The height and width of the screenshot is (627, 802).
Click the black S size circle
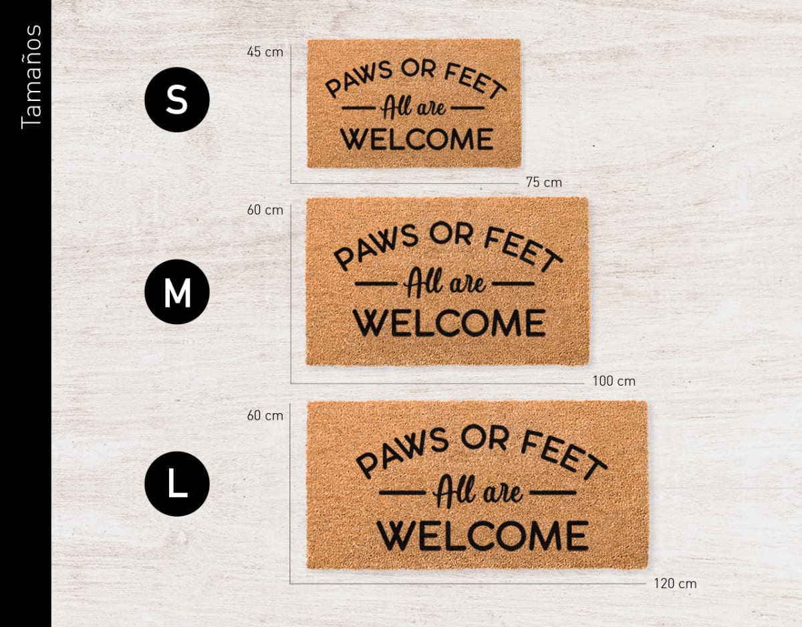tap(177, 100)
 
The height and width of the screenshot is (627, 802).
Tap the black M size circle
tap(177, 292)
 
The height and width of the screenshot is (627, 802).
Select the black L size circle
tap(177, 484)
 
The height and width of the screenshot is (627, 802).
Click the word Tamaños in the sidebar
tap(31, 76)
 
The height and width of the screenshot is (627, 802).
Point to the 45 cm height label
tap(265, 51)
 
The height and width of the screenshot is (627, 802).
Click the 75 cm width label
tap(543, 182)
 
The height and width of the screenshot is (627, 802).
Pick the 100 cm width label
tap(614, 381)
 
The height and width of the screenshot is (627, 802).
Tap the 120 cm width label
tap(675, 584)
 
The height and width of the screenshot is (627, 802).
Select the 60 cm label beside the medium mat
tap(265, 210)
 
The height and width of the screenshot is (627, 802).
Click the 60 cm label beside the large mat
tap(265, 415)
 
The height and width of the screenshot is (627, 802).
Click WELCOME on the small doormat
tap(417, 139)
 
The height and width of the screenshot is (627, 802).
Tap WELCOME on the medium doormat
tap(449, 323)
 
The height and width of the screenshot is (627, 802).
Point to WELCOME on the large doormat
tap(483, 535)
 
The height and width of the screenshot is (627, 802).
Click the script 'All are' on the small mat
tap(414, 107)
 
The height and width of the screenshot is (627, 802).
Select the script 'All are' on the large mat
tap(477, 493)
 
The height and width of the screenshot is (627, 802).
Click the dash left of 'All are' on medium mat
tap(378, 283)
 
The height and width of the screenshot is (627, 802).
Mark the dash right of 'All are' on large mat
tap(553, 493)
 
